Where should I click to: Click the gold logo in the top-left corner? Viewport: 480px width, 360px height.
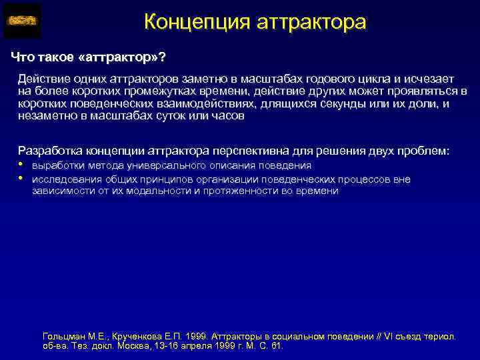(x=22, y=20)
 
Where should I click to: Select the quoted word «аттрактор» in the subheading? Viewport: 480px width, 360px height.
(x=119, y=55)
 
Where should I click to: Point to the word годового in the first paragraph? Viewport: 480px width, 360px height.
(x=335, y=79)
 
